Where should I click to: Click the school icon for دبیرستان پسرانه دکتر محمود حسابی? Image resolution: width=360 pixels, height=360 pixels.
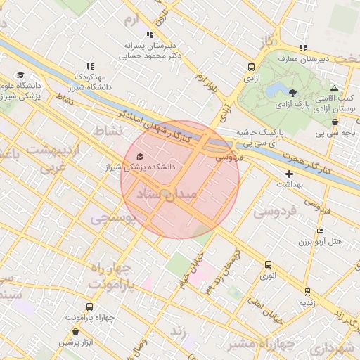click(149, 34)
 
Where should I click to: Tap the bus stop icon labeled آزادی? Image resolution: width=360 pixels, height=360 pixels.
click(251, 67)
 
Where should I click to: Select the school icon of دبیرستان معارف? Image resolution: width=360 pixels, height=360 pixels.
click(302, 49)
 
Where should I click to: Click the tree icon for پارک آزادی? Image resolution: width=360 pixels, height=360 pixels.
click(293, 93)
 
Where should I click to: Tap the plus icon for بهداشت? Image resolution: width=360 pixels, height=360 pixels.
click(289, 173)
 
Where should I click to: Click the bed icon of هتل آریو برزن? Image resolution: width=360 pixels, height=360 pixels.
click(321, 231)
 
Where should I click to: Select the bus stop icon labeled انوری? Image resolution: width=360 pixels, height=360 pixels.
click(267, 265)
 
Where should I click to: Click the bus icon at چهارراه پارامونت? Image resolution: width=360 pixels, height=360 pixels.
click(89, 307)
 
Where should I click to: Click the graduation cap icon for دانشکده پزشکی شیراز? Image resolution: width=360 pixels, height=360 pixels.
click(139, 157)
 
